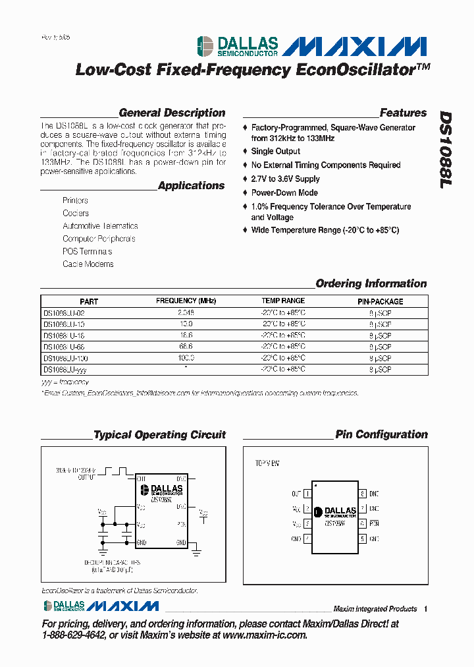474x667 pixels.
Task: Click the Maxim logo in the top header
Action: pyautogui.click(x=358, y=47)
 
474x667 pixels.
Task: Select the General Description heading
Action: pyautogui.click(x=172, y=113)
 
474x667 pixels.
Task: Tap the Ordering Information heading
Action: pyautogui.click(x=371, y=283)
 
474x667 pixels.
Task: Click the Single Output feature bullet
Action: pyautogui.click(x=275, y=152)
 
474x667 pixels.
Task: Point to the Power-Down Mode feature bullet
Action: pyautogui.click(x=284, y=193)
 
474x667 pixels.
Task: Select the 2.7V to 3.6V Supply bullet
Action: pyautogui.click(x=285, y=179)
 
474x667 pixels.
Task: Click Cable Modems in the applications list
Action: pyautogui.click(x=88, y=264)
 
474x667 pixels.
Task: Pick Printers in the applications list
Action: pyautogui.click(x=75, y=200)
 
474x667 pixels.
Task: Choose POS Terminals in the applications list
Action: pyautogui.click(x=87, y=252)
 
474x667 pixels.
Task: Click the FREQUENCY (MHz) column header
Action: pyautogui.click(x=186, y=301)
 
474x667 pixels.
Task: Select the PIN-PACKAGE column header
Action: pyautogui.click(x=380, y=301)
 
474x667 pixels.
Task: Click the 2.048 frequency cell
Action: pyautogui.click(x=186, y=312)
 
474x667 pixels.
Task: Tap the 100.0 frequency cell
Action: pyautogui.click(x=186, y=358)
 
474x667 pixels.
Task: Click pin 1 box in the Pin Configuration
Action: pyautogui.click(x=307, y=494)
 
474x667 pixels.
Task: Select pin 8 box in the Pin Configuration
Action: pyautogui.click(x=362, y=494)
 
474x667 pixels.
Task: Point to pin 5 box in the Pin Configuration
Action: pyautogui.click(x=362, y=539)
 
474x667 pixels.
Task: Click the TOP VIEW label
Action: pyautogui.click(x=267, y=464)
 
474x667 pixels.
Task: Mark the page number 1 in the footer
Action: pyautogui.click(x=426, y=609)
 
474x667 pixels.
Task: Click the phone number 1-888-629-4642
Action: pyautogui.click(x=73, y=635)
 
